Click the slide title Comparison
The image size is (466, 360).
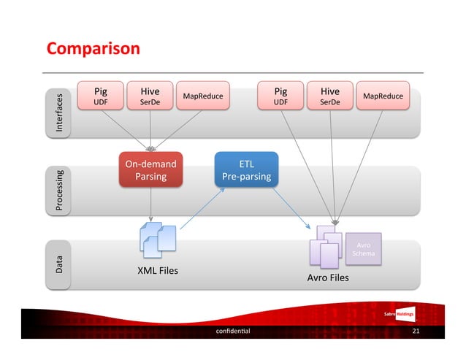pyautogui.click(x=93, y=49)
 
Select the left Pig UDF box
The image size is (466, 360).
pyautogui.click(x=101, y=97)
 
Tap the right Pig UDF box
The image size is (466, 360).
pyautogui.click(x=280, y=97)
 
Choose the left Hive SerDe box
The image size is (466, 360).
pyautogui.click(x=150, y=97)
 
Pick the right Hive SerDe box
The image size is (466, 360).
pyautogui.click(x=330, y=97)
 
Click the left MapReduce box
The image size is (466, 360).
pyautogui.click(x=203, y=96)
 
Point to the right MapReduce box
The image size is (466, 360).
pyautogui.click(x=383, y=96)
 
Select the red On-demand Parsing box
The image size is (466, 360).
pyautogui.click(x=150, y=170)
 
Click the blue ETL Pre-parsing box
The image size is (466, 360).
pyautogui.click(x=246, y=170)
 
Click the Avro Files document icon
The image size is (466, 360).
pyautogui.click(x=326, y=245)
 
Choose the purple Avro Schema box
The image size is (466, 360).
pyautogui.click(x=364, y=249)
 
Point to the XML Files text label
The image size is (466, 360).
pyautogui.click(x=158, y=272)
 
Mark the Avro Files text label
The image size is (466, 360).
pyautogui.click(x=328, y=278)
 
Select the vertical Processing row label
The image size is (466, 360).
pyautogui.click(x=60, y=191)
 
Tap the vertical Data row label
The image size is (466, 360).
pyautogui.click(x=60, y=264)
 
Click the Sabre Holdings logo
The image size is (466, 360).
pyautogui.click(x=399, y=314)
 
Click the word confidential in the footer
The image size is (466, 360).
pyautogui.click(x=233, y=331)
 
